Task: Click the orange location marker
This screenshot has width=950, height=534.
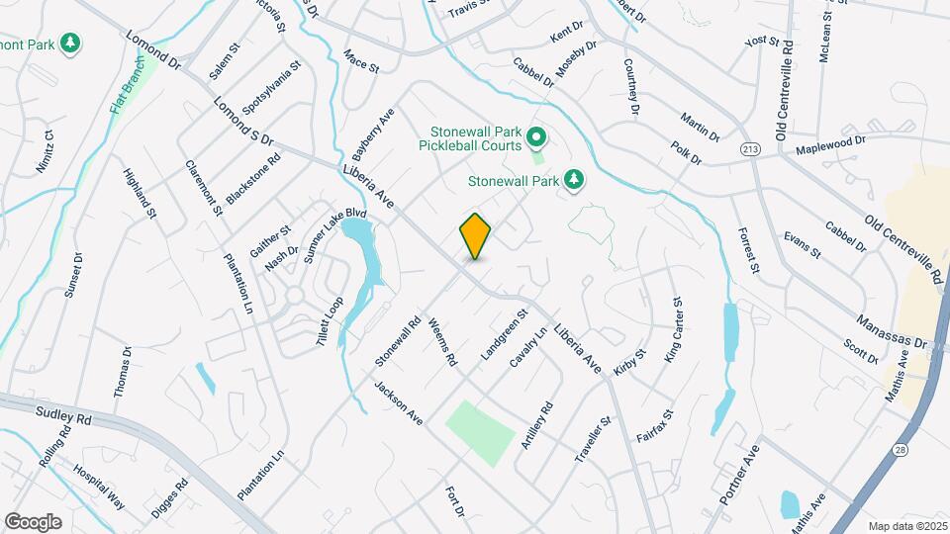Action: [475, 235]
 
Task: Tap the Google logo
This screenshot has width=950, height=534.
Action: [33, 521]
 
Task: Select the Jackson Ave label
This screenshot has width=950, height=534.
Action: [399, 403]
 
